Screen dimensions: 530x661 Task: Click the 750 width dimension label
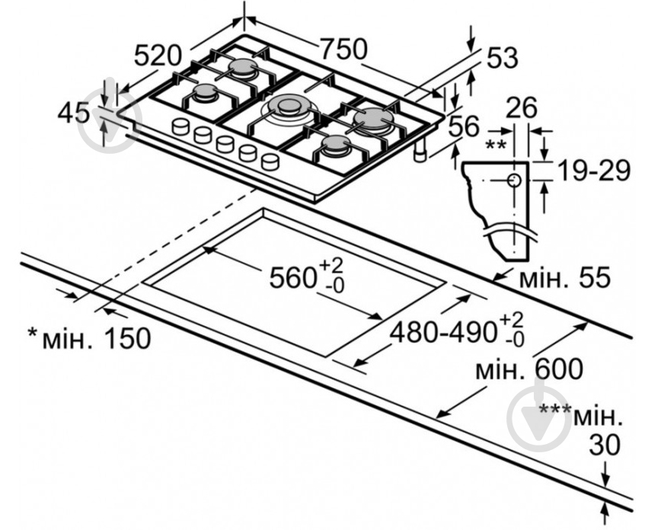pyautogui.click(x=343, y=48)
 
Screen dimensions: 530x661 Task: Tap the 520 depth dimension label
pyautogui.click(x=158, y=56)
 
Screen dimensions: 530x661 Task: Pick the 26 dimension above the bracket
pyautogui.click(x=522, y=107)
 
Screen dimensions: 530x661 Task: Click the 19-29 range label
pyautogui.click(x=592, y=171)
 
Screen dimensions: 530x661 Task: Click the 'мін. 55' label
pyautogui.click(x=564, y=279)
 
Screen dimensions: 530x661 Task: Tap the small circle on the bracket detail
pyautogui.click(x=513, y=180)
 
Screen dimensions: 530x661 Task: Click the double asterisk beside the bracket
pyautogui.click(x=497, y=144)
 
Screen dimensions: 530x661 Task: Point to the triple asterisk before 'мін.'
pyautogui.click(x=554, y=411)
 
